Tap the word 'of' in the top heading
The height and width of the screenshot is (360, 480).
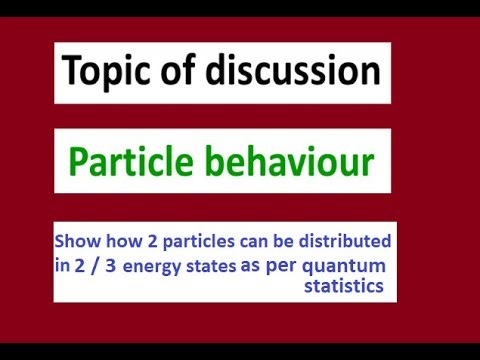[x=186, y=72]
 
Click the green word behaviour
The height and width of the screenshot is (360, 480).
[x=290, y=161]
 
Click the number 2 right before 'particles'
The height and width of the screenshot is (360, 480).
[x=142, y=243]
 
